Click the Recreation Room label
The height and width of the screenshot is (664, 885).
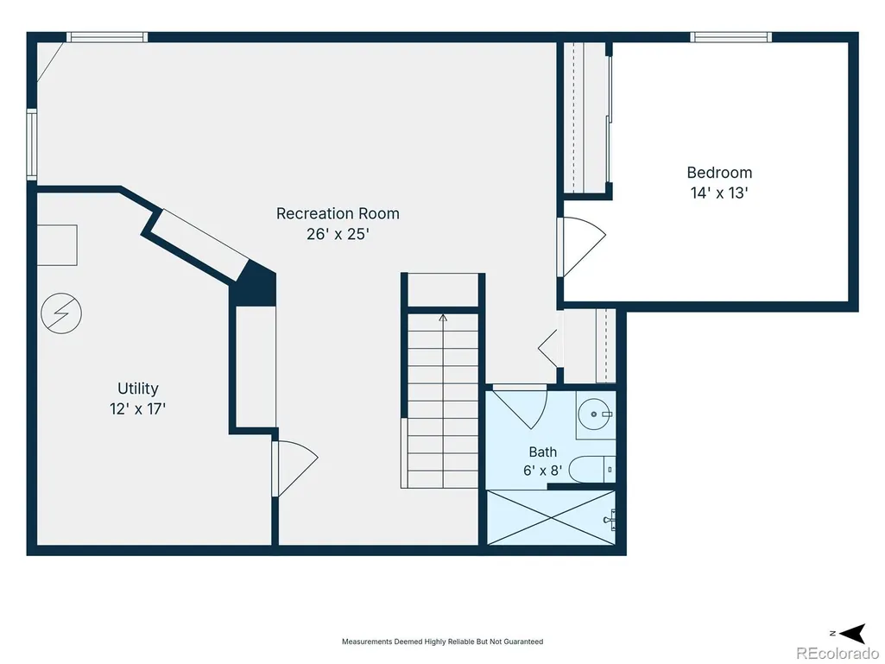[x=338, y=213]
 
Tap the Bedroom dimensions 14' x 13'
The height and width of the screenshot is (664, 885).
[x=719, y=193]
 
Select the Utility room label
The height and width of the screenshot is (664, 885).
[x=138, y=389]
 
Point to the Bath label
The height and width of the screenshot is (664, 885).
[x=543, y=452]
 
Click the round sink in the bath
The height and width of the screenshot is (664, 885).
[x=594, y=414]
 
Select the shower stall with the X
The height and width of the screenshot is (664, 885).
[x=551, y=518]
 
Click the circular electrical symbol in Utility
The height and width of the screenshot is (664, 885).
[x=61, y=313]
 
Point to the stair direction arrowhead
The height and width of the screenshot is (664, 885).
[x=443, y=319]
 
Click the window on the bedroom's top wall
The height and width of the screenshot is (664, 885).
[x=731, y=37]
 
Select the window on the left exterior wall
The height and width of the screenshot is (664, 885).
[x=32, y=145]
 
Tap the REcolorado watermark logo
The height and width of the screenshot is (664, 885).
[x=838, y=653]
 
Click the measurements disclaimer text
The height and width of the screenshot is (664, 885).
[x=442, y=642]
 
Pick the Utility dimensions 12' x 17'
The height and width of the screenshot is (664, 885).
[x=138, y=408]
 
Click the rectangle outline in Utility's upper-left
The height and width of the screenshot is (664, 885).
[x=58, y=245]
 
